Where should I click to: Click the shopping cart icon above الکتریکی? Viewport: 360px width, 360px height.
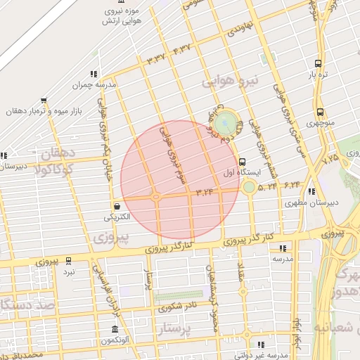click(x=116, y=206)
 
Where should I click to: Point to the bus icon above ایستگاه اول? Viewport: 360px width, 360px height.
click(x=243, y=161)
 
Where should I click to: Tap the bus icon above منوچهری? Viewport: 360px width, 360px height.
click(x=320, y=112)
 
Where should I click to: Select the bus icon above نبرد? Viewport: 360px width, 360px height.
click(x=68, y=259)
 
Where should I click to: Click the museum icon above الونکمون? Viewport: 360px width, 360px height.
click(x=115, y=330)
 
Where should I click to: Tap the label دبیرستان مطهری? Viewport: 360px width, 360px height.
click(x=314, y=202)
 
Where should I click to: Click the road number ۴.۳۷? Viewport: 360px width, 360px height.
click(x=181, y=50)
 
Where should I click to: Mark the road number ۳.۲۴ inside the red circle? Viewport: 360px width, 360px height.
click(x=205, y=192)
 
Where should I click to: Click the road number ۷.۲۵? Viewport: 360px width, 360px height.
click(x=330, y=159)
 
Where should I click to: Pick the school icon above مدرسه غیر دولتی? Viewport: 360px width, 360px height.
click(x=261, y=345)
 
